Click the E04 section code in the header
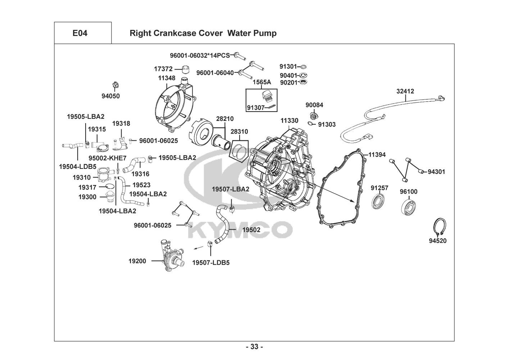(80, 33)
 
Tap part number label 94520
(437, 241)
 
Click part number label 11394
(377, 155)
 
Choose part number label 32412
(405, 91)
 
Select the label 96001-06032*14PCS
(200, 55)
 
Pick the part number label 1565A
(262, 82)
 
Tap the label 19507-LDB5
(211, 262)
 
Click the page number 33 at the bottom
(254, 347)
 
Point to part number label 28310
(239, 132)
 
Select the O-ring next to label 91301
(303, 67)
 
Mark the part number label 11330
(289, 121)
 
